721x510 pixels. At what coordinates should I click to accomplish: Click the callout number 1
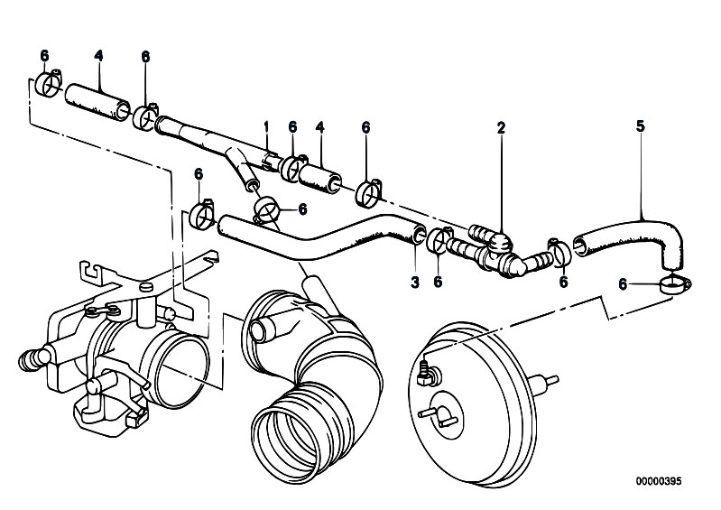pos(265,126)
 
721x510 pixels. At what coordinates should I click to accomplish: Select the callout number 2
pos(501,127)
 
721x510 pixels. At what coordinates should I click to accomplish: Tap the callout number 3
pos(415,282)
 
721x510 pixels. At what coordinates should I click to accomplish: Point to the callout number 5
pos(641,126)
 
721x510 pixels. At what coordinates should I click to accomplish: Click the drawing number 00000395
pos(659,481)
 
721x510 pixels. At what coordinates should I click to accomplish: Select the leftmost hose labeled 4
pos(97,102)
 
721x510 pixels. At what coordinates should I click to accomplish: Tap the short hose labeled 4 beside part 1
pos(320,178)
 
